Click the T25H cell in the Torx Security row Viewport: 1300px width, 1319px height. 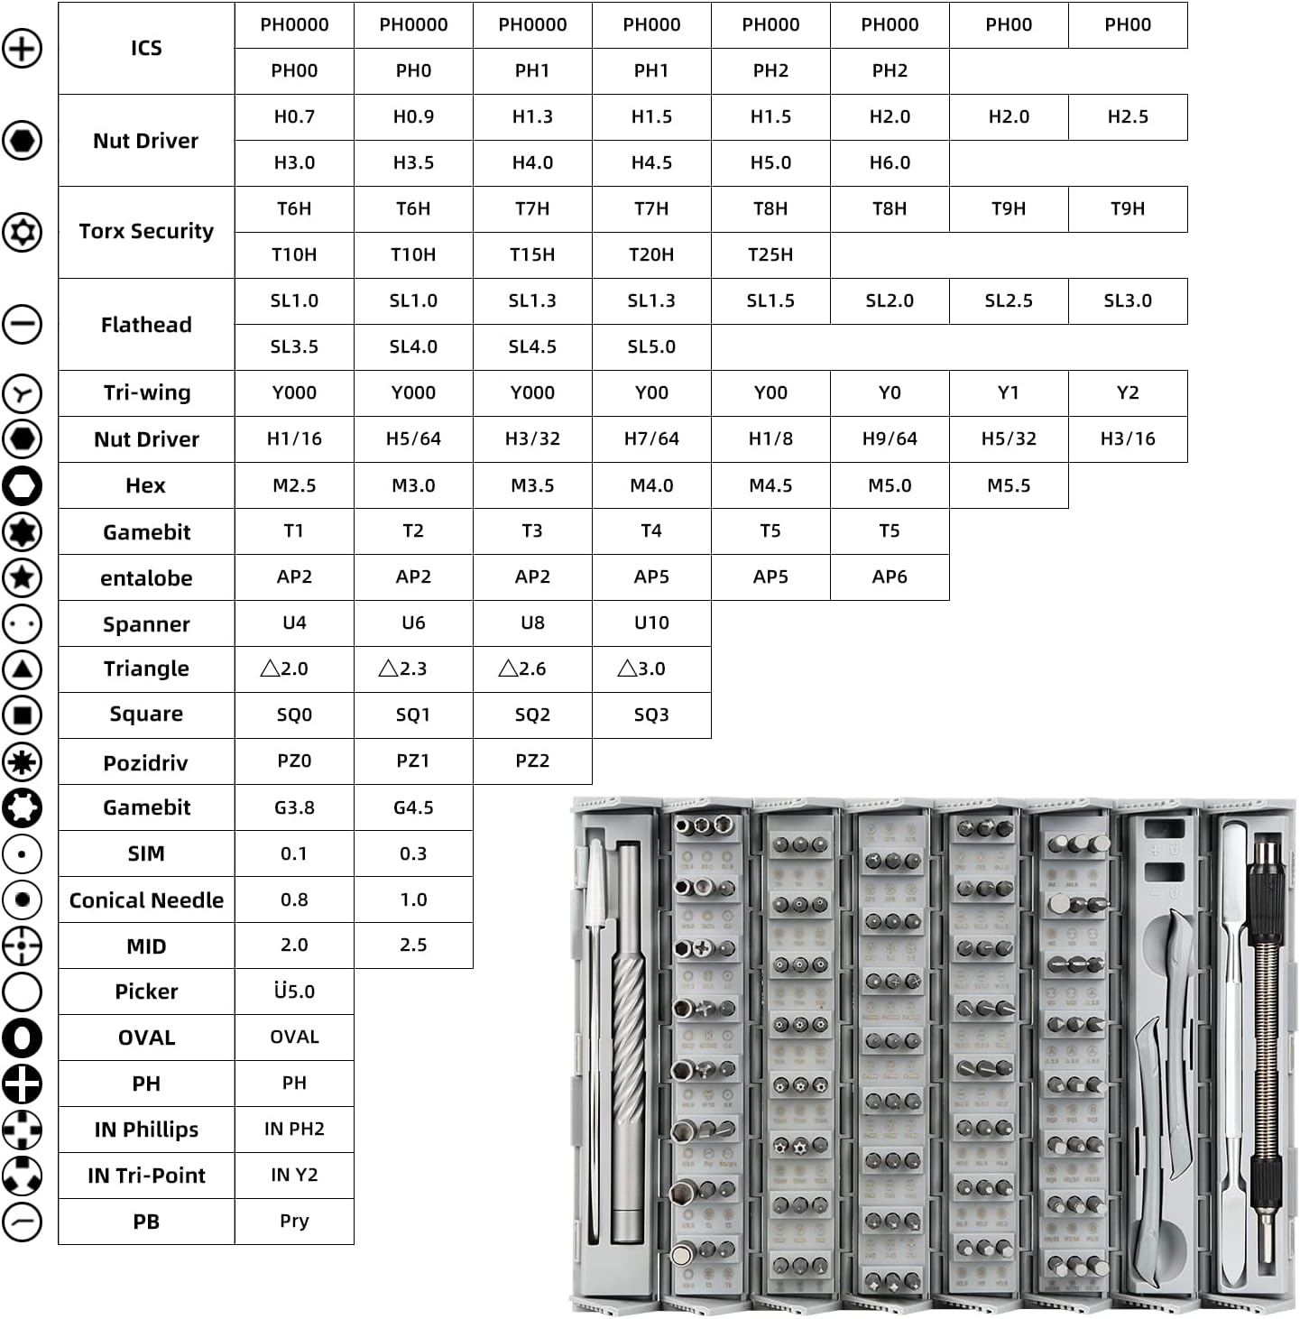click(x=770, y=255)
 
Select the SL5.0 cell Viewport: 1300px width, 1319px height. click(x=651, y=347)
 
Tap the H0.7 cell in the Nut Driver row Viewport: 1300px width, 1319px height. click(x=294, y=117)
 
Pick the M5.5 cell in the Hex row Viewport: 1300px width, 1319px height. click(x=1009, y=485)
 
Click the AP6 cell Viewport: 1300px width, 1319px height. click(x=890, y=577)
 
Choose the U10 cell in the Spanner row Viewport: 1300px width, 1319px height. click(x=651, y=623)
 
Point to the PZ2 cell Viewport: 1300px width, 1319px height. click(x=532, y=761)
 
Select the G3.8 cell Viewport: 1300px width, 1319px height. click(x=294, y=807)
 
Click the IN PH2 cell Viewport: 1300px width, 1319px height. click(x=294, y=1130)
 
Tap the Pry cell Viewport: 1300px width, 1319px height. click(x=294, y=1222)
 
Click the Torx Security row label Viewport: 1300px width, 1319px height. click(x=146, y=232)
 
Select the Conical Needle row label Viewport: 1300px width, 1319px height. click(x=146, y=900)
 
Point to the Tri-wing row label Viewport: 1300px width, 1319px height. click(x=146, y=393)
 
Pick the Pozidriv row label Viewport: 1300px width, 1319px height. click(x=146, y=763)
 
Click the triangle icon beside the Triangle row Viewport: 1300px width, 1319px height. click(x=23, y=669)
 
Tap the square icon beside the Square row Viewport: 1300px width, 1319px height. click(x=23, y=715)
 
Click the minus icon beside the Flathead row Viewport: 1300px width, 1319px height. click(x=23, y=324)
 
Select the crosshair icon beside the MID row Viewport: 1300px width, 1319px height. click(x=23, y=946)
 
